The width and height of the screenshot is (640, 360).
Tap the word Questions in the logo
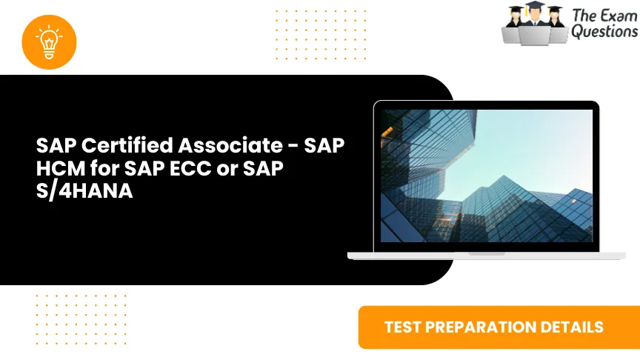tap(604, 32)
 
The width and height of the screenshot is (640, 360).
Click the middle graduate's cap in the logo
tap(536, 7)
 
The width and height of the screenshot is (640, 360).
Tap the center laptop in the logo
tap(536, 34)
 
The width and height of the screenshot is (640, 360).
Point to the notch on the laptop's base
tap(487, 253)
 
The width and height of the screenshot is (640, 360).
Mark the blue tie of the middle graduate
tap(536, 24)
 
